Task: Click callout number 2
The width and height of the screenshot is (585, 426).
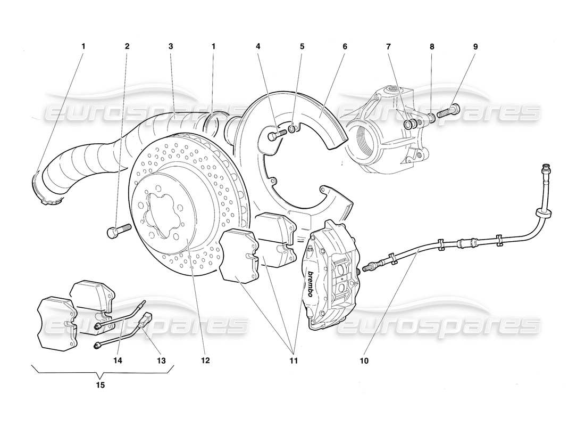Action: pos(127,46)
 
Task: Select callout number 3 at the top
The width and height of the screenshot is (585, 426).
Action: pos(171,46)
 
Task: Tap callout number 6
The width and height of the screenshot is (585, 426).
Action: pos(345,46)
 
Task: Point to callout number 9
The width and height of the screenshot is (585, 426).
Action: pos(475,46)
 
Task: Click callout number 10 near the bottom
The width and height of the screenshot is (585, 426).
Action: pos(363,361)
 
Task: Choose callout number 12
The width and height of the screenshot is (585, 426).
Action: pos(205,361)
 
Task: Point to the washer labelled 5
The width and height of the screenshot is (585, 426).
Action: pos(293,130)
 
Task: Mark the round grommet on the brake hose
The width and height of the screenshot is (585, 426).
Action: pos(544,214)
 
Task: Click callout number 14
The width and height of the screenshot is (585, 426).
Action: pos(118,361)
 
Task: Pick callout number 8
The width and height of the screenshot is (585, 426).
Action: pos(432,46)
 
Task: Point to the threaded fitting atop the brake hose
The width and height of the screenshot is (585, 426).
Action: pos(545,171)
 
